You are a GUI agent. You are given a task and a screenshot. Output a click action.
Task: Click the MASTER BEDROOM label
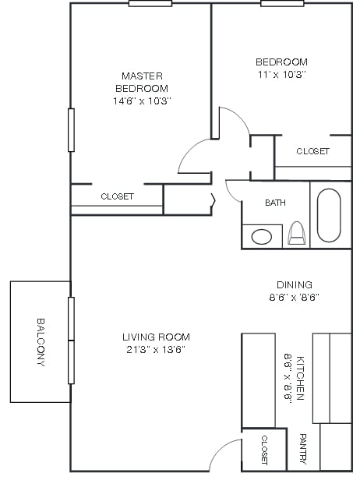[x=142, y=82]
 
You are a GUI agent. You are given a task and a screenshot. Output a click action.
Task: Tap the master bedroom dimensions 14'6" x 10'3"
[x=142, y=101]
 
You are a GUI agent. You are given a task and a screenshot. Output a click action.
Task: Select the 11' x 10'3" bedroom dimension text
[x=281, y=75]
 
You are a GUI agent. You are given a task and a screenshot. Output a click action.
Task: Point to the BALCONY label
[x=41, y=341]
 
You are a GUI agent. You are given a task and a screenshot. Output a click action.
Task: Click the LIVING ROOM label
[x=156, y=337]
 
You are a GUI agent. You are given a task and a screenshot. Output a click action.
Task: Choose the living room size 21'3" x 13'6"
[x=156, y=349]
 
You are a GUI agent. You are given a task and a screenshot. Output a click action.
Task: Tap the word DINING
[x=294, y=284]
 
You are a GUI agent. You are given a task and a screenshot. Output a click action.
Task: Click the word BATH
[x=275, y=203]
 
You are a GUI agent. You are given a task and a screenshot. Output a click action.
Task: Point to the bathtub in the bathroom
[x=329, y=215]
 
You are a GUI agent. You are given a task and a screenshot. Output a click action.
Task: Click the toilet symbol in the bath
[x=296, y=234]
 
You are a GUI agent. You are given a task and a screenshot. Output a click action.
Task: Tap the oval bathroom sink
[x=262, y=235]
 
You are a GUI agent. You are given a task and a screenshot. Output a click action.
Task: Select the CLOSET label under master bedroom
[x=117, y=197]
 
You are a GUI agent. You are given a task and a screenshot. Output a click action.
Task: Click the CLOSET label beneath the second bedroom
[x=312, y=151]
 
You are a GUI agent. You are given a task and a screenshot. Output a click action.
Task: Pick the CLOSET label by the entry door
[x=264, y=450]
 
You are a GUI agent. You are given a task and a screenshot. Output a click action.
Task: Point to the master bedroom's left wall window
[x=71, y=129]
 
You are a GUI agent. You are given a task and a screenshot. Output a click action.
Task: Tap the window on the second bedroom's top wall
[x=282, y=3]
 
